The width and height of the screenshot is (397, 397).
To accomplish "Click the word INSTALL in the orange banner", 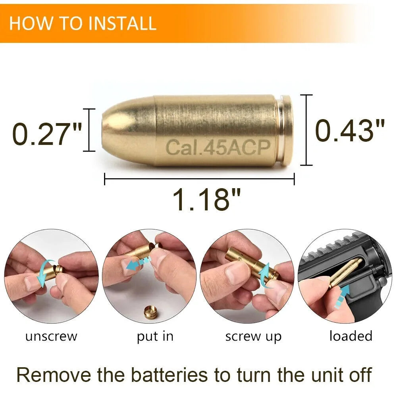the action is (x=122, y=23).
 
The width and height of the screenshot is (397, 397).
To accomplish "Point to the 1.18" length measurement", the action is (x=206, y=199).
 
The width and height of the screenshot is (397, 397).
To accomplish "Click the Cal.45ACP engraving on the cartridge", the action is (x=218, y=147).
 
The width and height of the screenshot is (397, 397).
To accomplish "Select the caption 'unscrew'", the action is (x=51, y=337).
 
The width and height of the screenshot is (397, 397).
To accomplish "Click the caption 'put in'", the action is (x=155, y=337).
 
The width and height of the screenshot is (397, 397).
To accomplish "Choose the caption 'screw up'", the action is (x=253, y=337).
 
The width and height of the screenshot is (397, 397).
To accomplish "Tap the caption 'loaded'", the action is (x=351, y=336).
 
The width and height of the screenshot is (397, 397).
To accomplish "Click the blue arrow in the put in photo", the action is (x=138, y=263).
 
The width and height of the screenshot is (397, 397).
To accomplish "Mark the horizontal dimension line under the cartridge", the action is (x=199, y=179).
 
